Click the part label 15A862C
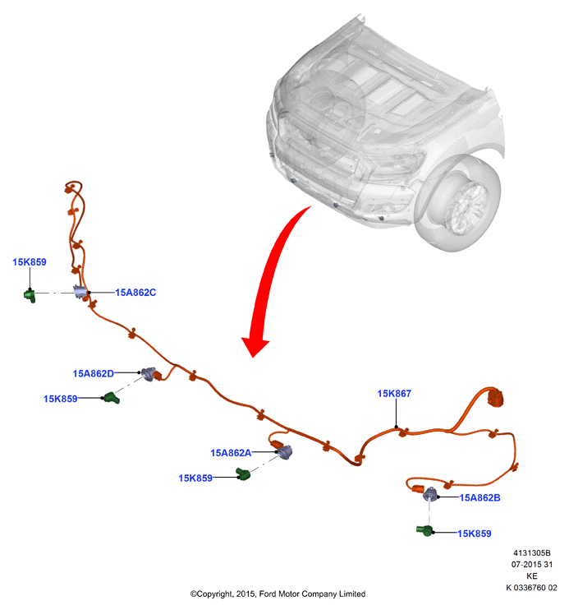pyautogui.click(x=135, y=293)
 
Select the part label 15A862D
pyautogui.click(x=94, y=373)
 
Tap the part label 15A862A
pyautogui.click(x=231, y=453)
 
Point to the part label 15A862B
pyautogui.click(x=480, y=497)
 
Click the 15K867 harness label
pyautogui.click(x=394, y=393)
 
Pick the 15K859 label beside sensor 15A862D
pyautogui.click(x=60, y=399)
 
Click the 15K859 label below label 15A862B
pyautogui.click(x=475, y=534)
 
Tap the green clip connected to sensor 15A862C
pyautogui.click(x=30, y=296)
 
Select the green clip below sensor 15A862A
pyautogui.click(x=243, y=474)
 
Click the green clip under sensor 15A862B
pyautogui.click(x=424, y=530)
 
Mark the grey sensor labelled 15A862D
pyautogui.click(x=149, y=374)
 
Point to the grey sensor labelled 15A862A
pyautogui.click(x=285, y=452)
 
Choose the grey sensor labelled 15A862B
pyautogui.click(x=430, y=494)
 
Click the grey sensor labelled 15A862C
pyautogui.click(x=80, y=292)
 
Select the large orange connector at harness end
pyautogui.click(x=496, y=399)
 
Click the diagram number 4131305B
pyautogui.click(x=532, y=552)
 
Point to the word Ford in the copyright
pyautogui.click(x=267, y=594)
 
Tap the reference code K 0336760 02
pyautogui.click(x=531, y=588)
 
